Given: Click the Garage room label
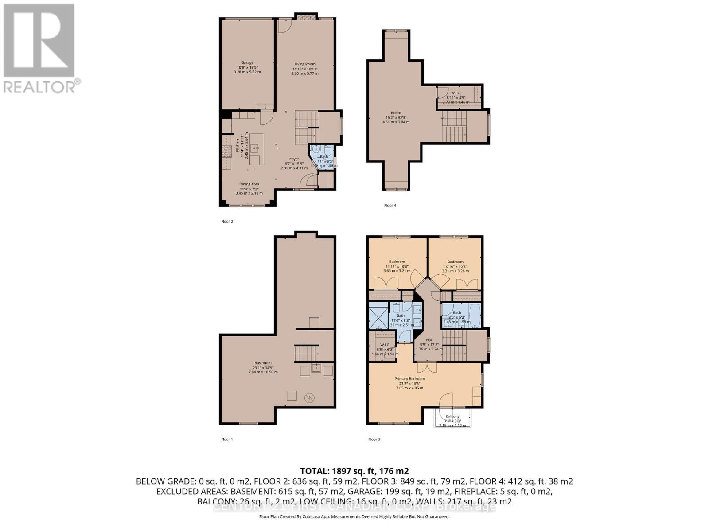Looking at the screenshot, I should [x=247, y=63].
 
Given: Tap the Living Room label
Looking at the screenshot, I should [x=305, y=65].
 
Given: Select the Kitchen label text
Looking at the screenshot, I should [x=238, y=146].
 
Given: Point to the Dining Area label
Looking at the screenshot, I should [x=249, y=184].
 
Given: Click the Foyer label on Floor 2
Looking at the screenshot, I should [x=294, y=159].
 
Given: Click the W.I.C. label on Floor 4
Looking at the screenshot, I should [x=456, y=93].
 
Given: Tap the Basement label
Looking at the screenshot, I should [x=263, y=363].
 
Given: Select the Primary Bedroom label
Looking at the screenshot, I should [x=409, y=379].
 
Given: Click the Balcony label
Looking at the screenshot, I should [x=452, y=416].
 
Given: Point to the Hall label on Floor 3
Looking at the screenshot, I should [x=429, y=340].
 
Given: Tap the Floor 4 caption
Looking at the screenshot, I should [x=390, y=205].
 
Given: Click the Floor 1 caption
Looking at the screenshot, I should [x=226, y=439].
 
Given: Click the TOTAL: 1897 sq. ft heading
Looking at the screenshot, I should [x=354, y=471].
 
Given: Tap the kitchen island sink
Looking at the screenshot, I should [x=256, y=148].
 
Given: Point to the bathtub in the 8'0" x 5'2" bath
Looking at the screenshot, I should [x=473, y=315].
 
